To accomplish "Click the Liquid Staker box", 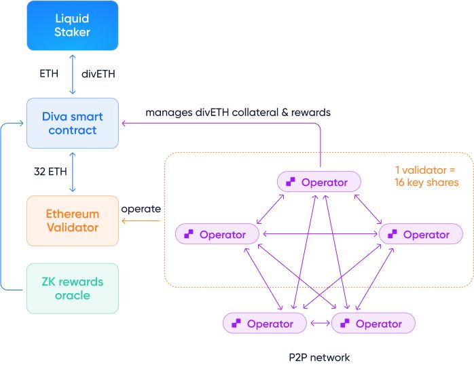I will click(x=73, y=25).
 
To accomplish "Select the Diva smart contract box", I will click(x=73, y=123).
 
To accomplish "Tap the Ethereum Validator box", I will click(x=73, y=220).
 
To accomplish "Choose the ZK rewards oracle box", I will click(x=73, y=288).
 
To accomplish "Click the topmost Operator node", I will click(x=318, y=182).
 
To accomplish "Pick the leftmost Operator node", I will click(x=217, y=234).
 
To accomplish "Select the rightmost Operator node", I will click(x=421, y=234).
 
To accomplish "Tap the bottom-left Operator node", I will click(x=264, y=324).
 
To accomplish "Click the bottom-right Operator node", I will click(x=373, y=324).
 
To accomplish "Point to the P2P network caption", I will click(x=319, y=356).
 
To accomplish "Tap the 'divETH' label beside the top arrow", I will click(x=98, y=73).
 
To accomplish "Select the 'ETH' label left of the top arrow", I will click(x=50, y=73).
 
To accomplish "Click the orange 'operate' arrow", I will click(x=141, y=220).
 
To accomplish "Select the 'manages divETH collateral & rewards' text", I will click(x=238, y=112).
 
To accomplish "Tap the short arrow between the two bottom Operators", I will click(x=318, y=324).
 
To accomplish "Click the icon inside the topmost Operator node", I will click(x=291, y=182).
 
